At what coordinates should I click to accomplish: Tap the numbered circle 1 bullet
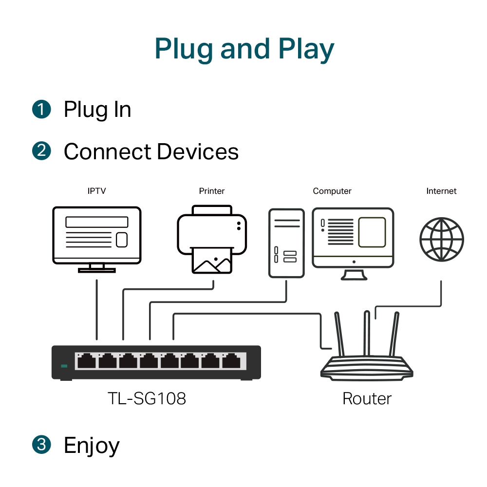[41, 109]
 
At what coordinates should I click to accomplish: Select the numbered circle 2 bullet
[41, 151]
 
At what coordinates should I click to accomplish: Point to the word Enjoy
[92, 445]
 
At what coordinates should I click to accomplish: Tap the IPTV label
[96, 191]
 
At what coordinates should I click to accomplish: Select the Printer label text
[212, 191]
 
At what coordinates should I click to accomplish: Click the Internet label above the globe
[441, 191]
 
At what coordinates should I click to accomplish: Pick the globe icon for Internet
[442, 240]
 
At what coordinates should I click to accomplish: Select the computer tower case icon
[286, 243]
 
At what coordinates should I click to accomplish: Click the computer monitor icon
[353, 241]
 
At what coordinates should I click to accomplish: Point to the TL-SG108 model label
[147, 399]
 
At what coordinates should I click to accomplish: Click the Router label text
[367, 399]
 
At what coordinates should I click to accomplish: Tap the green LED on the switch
[63, 366]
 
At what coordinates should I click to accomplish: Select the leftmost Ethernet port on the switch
[86, 361]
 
